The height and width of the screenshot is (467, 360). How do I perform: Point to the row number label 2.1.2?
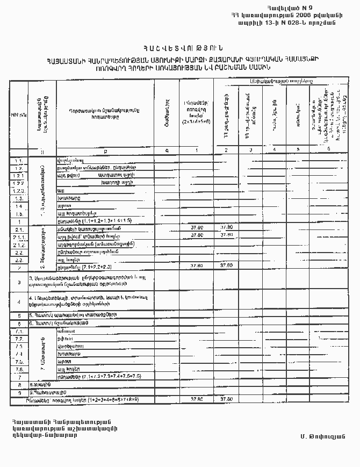19,244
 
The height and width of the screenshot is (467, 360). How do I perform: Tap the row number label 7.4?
19,354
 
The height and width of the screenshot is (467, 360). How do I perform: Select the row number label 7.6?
19,369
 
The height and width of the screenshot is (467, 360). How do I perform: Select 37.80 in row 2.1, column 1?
197,228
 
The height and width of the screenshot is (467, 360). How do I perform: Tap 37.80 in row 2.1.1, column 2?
227,235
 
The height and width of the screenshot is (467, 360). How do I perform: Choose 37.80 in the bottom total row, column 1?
197,399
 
